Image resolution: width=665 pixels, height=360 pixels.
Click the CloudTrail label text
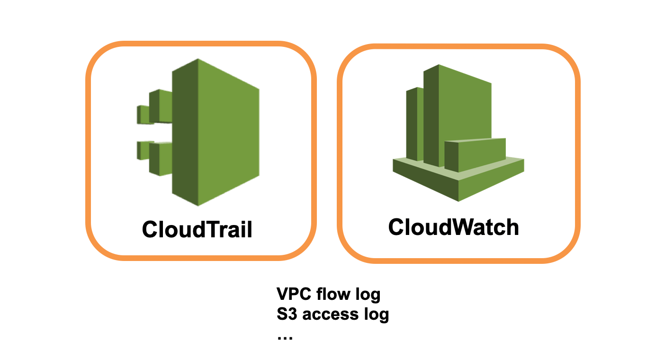(x=197, y=229)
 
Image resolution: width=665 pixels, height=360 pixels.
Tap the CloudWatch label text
(x=453, y=227)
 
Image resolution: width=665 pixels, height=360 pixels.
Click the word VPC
(x=294, y=295)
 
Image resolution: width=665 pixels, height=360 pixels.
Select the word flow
(x=333, y=295)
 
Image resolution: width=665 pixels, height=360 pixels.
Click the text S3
(x=287, y=314)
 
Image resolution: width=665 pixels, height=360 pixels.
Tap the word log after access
(x=376, y=315)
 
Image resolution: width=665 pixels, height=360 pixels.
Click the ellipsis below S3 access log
(x=285, y=337)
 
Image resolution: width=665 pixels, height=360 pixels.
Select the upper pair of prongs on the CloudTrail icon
(x=154, y=107)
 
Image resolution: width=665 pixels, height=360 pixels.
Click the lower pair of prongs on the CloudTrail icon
(x=154, y=157)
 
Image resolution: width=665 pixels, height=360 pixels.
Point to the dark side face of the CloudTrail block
(x=185, y=133)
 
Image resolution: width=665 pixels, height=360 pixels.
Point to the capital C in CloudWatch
(x=396, y=227)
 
